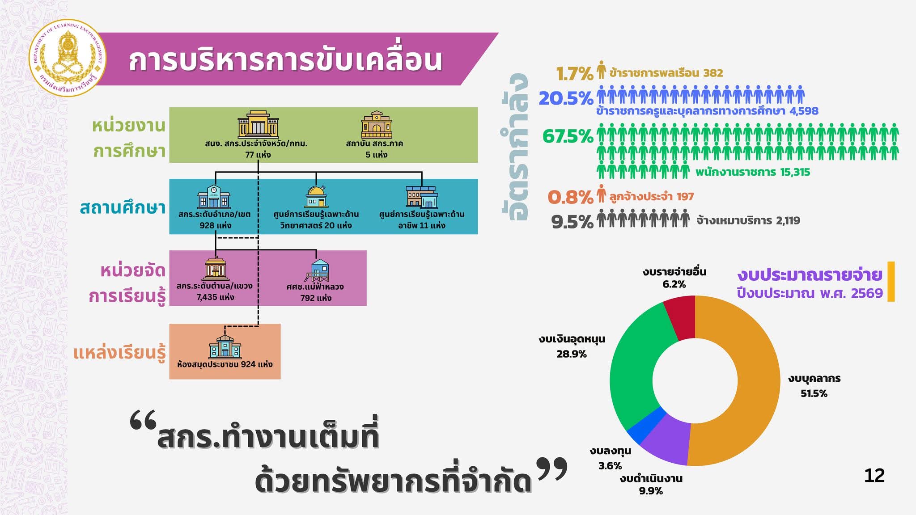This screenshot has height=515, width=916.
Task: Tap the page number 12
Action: pyautogui.click(x=874, y=476)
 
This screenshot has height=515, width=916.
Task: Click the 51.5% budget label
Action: pyautogui.click(x=814, y=394)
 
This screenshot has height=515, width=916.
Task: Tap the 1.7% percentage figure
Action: pyautogui.click(x=574, y=74)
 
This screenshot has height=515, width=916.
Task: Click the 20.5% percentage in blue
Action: pyautogui.click(x=566, y=98)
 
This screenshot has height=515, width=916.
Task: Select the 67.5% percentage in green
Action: pyautogui.click(x=568, y=136)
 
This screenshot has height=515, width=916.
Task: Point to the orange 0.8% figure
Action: pyautogui.click(x=570, y=197)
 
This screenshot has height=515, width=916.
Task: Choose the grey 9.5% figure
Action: pyautogui.click(x=572, y=222)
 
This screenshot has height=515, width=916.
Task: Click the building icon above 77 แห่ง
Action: pyautogui.click(x=258, y=124)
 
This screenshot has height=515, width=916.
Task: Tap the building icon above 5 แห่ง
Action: pyautogui.click(x=377, y=125)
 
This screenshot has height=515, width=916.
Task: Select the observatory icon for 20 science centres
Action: pyautogui.click(x=317, y=197)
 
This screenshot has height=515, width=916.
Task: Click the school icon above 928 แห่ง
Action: pyautogui.click(x=214, y=196)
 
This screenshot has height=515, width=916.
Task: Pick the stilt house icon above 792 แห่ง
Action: pyautogui.click(x=318, y=270)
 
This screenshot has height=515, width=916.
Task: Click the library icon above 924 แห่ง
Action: pyautogui.click(x=225, y=346)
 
